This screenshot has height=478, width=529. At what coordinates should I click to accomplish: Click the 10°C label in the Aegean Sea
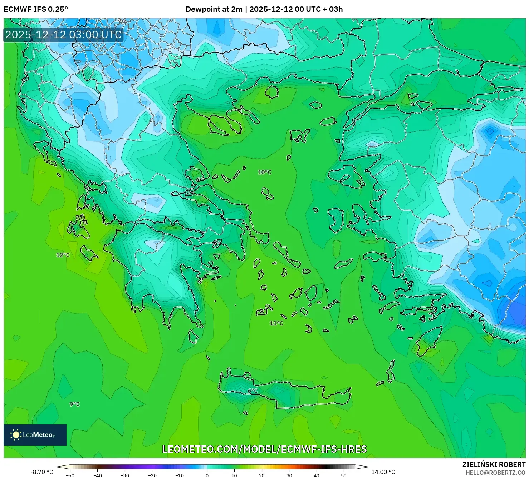[x=264, y=172]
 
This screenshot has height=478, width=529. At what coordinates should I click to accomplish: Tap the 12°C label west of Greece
[x=63, y=255]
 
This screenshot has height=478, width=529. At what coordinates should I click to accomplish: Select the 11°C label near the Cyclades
[x=276, y=323]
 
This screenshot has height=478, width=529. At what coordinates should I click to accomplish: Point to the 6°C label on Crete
[x=253, y=391]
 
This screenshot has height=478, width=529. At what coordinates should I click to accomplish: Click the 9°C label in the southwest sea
[x=75, y=404]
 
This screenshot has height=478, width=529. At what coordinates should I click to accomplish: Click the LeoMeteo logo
[x=35, y=435]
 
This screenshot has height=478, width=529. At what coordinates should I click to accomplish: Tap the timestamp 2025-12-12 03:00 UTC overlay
[x=63, y=35]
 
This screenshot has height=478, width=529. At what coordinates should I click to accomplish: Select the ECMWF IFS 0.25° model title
[x=36, y=9]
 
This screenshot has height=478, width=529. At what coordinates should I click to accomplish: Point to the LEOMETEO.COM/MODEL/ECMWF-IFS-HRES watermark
[x=264, y=449]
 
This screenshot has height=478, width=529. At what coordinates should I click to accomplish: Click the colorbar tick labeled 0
[x=207, y=475]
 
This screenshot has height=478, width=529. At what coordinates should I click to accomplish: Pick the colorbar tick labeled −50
[x=70, y=475]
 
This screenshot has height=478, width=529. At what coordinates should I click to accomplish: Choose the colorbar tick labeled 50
[x=344, y=475]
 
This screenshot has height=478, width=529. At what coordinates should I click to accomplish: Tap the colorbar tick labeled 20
[x=262, y=475]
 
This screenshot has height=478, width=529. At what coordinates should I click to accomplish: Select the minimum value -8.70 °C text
[x=41, y=472]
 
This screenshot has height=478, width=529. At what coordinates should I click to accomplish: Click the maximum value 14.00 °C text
[x=383, y=472]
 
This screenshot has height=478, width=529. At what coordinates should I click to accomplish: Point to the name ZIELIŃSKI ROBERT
[x=494, y=465]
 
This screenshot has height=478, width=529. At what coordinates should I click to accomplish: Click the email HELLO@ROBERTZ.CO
[x=495, y=473]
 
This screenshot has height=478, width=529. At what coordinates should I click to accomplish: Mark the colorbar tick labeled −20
[x=152, y=475]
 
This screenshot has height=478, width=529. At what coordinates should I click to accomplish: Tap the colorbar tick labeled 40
[x=317, y=475]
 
